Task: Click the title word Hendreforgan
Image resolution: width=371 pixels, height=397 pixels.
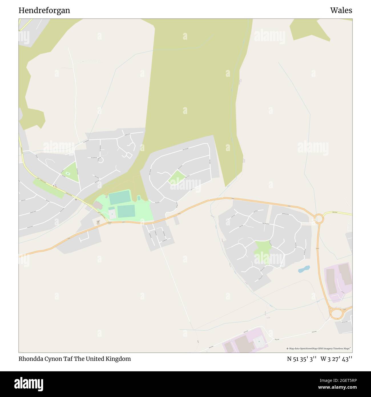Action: coord(44,11)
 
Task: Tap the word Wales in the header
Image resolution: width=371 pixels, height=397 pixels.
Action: coord(341,11)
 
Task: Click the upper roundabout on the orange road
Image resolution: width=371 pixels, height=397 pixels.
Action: coord(318,219)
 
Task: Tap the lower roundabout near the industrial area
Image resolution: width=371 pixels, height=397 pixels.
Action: coord(336,314)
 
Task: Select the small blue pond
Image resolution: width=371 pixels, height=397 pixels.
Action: coord(304,269)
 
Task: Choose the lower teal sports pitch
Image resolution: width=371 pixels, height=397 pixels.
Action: coord(126,211)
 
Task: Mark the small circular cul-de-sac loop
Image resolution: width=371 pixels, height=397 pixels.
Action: coord(100,160)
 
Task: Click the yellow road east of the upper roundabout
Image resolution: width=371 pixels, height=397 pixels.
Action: coord(338,214)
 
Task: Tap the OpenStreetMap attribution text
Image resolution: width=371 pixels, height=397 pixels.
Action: coord(319,348)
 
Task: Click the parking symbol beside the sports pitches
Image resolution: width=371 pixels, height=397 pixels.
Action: coord(112,214)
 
